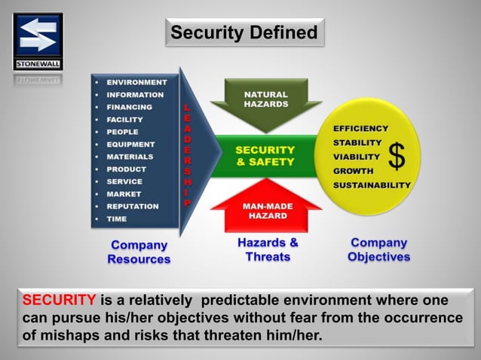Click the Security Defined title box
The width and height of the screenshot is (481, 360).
244,33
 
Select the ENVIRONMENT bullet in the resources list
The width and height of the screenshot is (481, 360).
136,82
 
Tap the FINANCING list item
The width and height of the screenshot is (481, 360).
129,107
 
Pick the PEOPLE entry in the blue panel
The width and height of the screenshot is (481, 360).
122,132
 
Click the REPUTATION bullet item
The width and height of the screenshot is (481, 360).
133,206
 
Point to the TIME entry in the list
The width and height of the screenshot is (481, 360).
117,219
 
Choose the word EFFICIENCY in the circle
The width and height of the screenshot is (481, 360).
361,129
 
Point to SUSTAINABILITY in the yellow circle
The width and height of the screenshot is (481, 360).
372,185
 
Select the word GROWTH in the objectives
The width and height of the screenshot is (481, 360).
353,171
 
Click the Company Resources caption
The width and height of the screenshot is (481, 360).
139,252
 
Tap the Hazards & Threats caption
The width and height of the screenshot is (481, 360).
268,249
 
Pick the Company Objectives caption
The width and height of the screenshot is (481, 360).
378,249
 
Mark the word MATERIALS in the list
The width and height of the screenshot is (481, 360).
130,157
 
